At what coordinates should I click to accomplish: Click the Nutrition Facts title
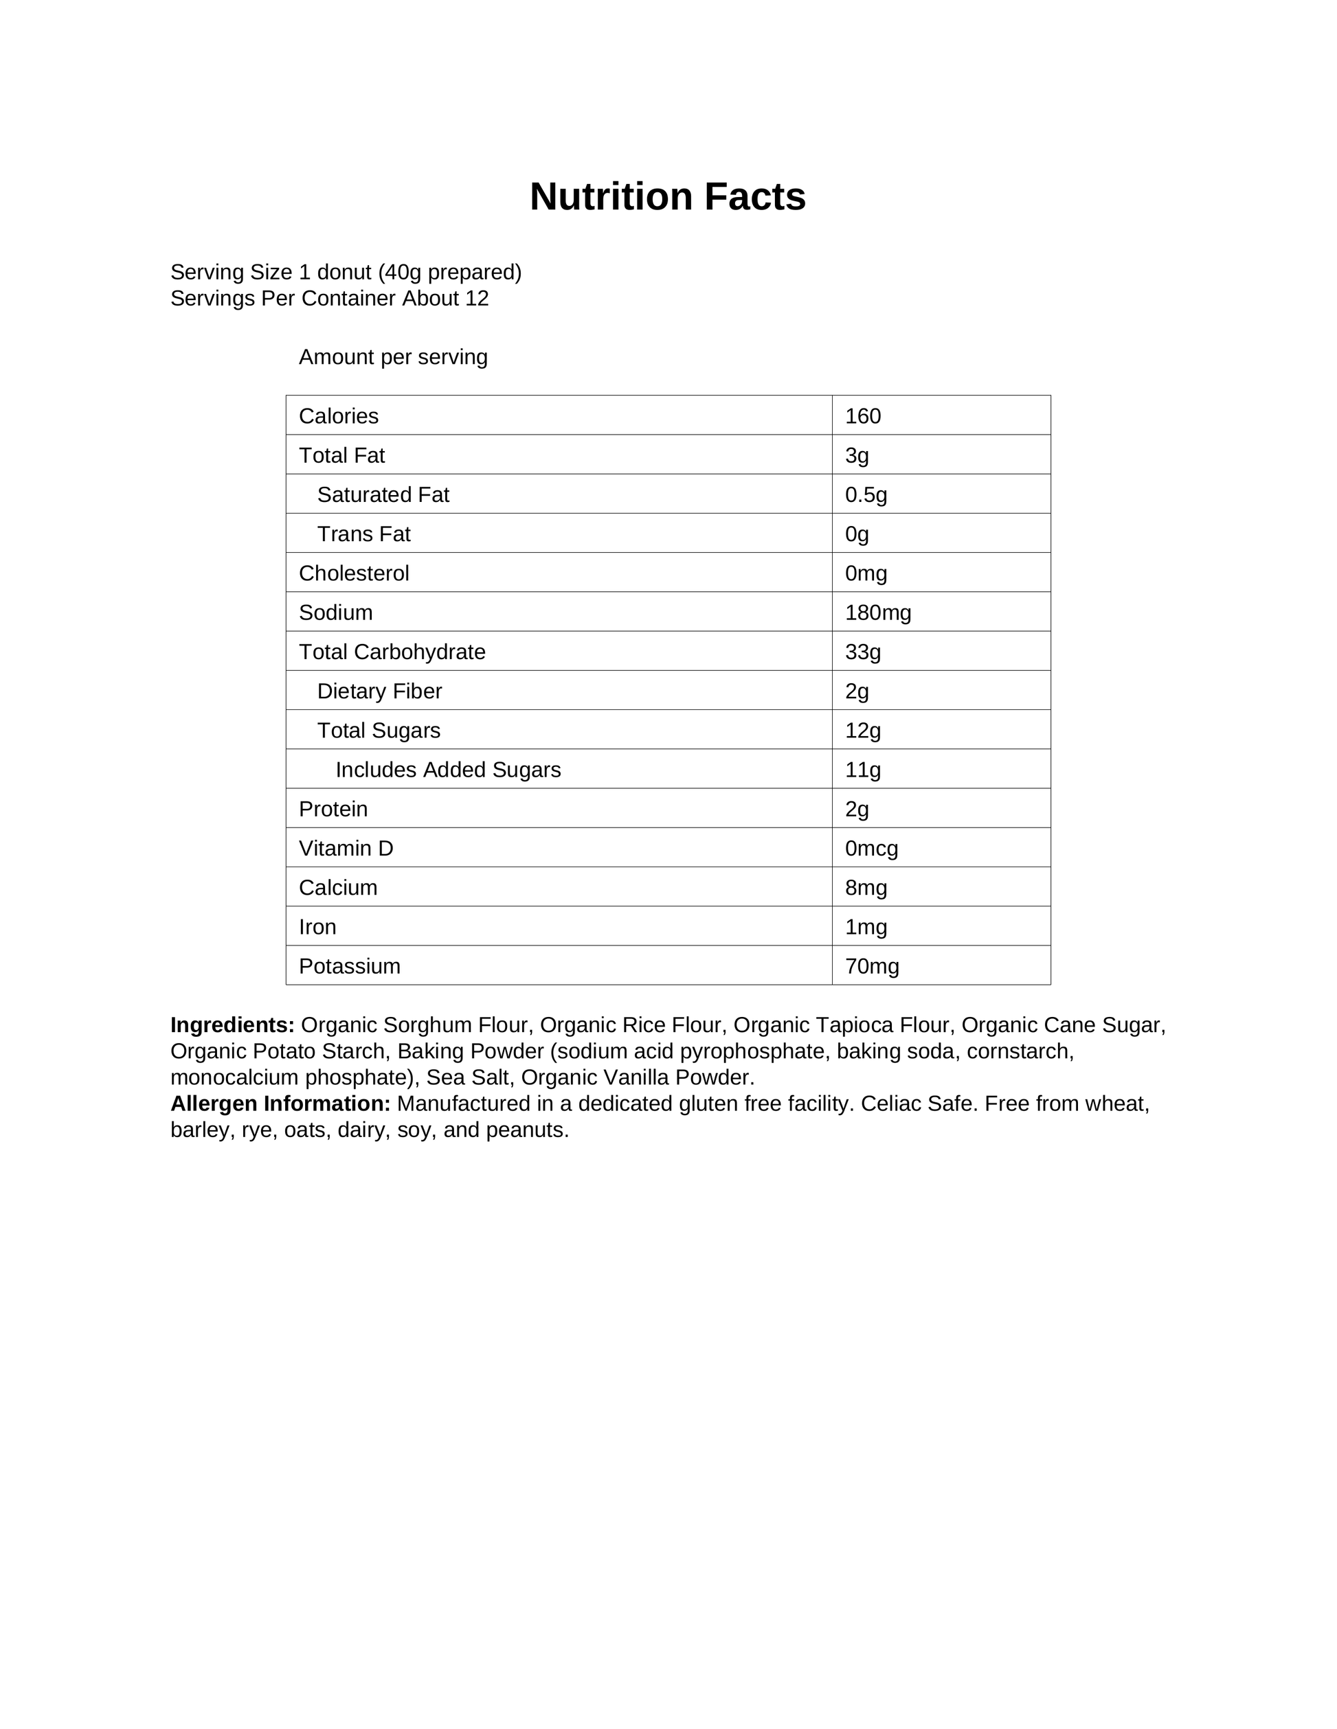coord(668,197)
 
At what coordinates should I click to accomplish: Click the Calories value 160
coord(862,416)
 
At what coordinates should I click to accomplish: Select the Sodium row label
coord(335,612)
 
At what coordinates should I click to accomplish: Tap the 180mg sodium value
coord(877,612)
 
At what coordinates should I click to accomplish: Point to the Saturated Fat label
coord(383,495)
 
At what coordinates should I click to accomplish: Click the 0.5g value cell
coord(866,495)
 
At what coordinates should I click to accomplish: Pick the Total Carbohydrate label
coord(392,652)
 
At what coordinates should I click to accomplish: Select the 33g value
coord(862,652)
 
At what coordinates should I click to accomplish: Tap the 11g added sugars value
coord(862,770)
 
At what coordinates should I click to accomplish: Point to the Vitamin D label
coord(346,849)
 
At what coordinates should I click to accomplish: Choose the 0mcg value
coord(871,849)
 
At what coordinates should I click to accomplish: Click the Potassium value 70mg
coord(871,967)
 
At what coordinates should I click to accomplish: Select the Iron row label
coord(317,927)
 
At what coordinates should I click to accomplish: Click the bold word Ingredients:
coord(232,1025)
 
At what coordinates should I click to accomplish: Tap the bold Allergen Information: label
coord(280,1103)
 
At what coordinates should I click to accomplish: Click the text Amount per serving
coord(393,357)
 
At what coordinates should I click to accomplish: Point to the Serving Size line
coord(346,273)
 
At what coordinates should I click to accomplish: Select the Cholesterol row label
coord(353,573)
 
